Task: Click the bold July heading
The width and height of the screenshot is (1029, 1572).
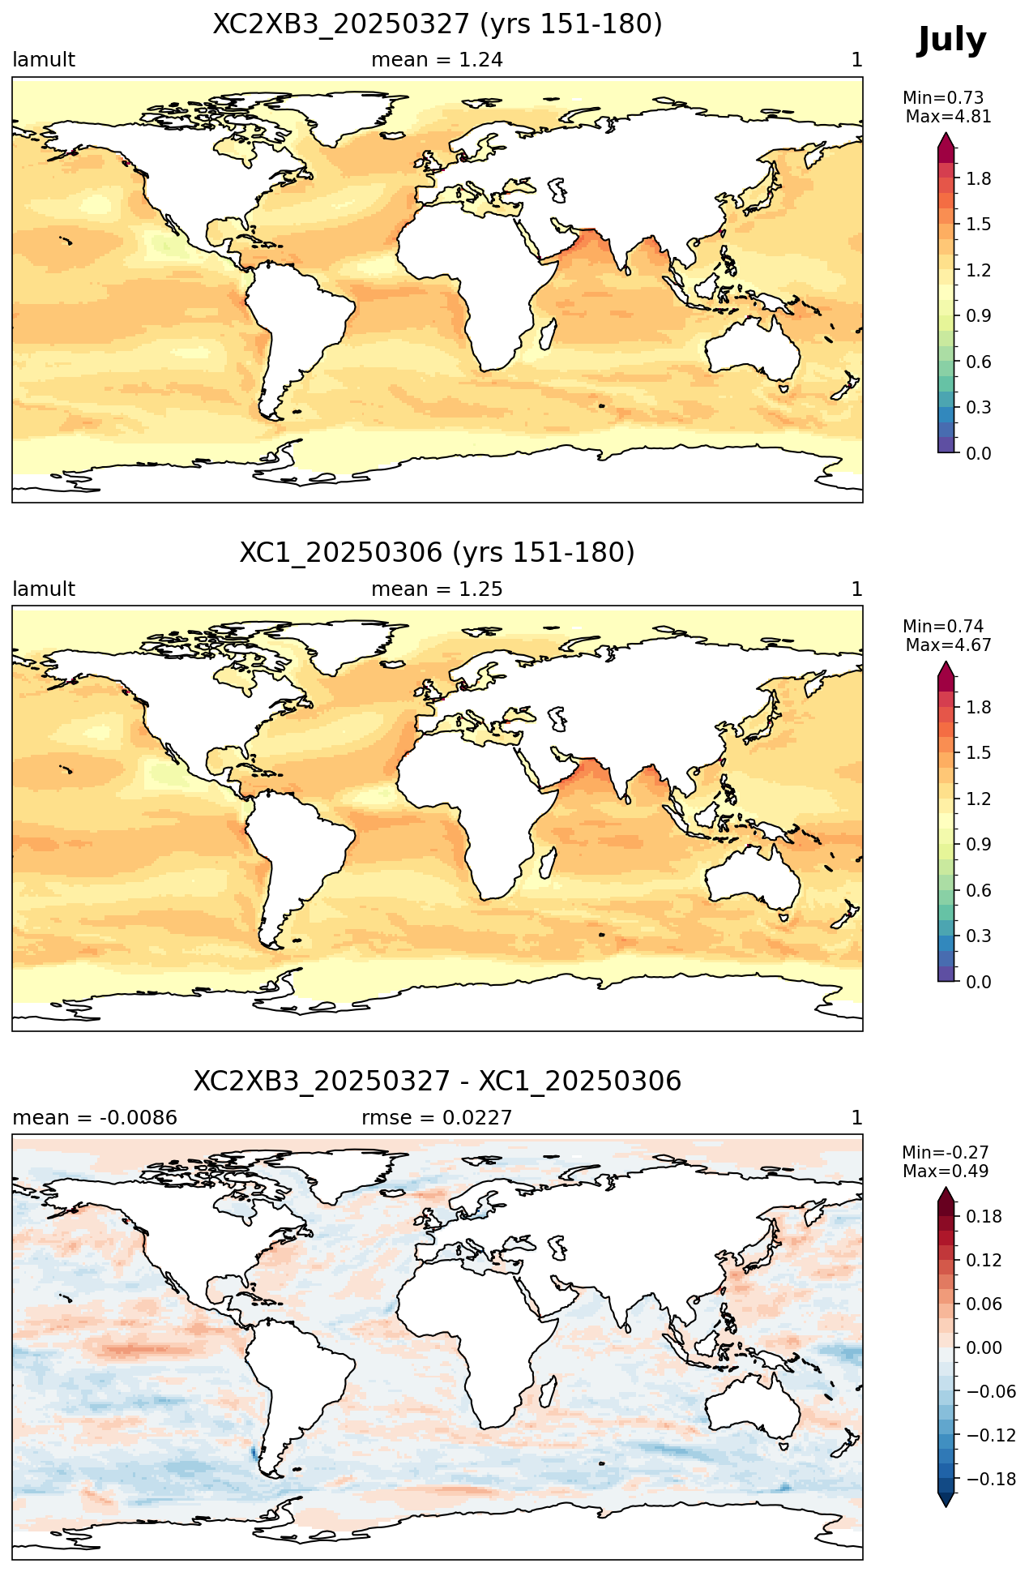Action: pos(952,41)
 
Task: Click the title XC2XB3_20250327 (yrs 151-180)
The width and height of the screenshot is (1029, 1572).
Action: pos(438,24)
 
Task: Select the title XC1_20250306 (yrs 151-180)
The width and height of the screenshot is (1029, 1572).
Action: pos(438,553)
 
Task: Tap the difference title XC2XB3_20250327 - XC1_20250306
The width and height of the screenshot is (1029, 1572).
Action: pos(438,1082)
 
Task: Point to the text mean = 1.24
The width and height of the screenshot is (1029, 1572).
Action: pos(438,60)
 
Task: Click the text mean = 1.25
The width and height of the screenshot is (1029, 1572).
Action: pos(438,589)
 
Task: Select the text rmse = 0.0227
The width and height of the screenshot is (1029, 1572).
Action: pos(437,1118)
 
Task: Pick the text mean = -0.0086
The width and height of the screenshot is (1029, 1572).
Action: pos(95,1118)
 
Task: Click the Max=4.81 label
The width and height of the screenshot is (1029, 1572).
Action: pos(949,117)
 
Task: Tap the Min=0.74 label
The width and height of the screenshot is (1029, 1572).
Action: pos(943,626)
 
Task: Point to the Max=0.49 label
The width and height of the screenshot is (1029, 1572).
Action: pos(946,1172)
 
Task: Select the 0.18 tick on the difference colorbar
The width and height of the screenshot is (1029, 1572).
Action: pos(983,1216)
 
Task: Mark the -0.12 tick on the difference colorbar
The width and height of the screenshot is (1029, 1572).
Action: pos(988,1435)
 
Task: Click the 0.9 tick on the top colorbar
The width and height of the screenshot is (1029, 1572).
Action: pos(979,315)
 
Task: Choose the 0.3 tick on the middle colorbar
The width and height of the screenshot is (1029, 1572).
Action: pos(979,936)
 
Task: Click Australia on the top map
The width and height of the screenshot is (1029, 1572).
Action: pos(750,349)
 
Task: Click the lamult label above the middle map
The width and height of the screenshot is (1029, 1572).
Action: pos(44,589)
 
